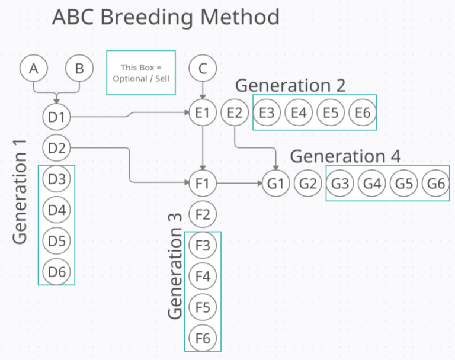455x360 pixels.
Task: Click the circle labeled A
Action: (x=34, y=69)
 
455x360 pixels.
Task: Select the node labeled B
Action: (x=79, y=69)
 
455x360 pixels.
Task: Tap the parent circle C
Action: (x=203, y=69)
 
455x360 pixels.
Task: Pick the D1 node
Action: (x=57, y=117)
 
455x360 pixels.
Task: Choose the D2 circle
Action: (x=57, y=148)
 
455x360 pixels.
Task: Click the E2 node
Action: (x=235, y=112)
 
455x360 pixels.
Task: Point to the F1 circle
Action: (x=203, y=183)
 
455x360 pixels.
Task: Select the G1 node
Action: (x=275, y=184)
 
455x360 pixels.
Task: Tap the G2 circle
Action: (x=308, y=184)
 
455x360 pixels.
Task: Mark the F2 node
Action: (x=203, y=214)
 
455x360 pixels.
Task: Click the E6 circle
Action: (x=363, y=112)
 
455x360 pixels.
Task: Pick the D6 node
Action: (x=57, y=272)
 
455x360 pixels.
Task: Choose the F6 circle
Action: (x=203, y=338)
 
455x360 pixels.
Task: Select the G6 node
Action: (x=435, y=184)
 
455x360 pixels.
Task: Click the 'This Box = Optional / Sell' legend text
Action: (x=141, y=73)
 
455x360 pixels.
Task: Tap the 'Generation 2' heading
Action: (x=290, y=85)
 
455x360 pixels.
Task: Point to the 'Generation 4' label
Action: (x=345, y=156)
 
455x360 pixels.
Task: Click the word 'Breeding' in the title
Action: (x=146, y=17)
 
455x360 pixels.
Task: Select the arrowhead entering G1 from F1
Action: (x=259, y=184)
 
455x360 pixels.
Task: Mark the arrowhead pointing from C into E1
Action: (x=203, y=97)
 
